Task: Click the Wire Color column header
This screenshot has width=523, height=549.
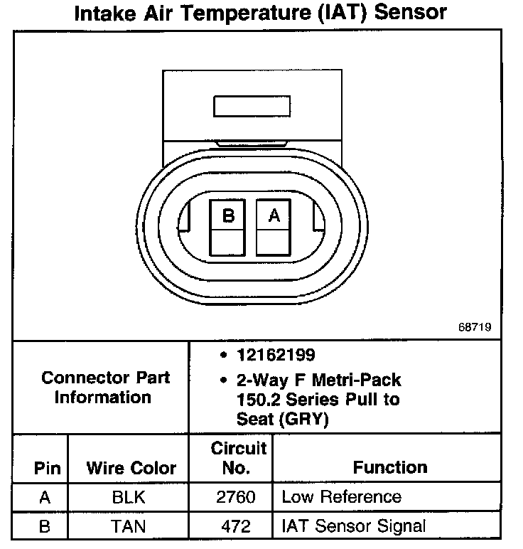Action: coord(131,468)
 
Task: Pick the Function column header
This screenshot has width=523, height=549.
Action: coord(390,467)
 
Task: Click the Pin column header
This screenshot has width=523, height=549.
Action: coord(47,468)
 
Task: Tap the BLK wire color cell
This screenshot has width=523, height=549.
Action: coord(129,497)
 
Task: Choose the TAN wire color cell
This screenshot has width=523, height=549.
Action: coord(129,526)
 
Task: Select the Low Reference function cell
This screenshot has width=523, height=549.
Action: coord(341,497)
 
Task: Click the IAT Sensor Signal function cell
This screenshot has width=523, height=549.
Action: coord(354,526)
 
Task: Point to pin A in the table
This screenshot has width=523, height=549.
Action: coord(44,497)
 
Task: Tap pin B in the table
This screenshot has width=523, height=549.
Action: coord(44,526)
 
